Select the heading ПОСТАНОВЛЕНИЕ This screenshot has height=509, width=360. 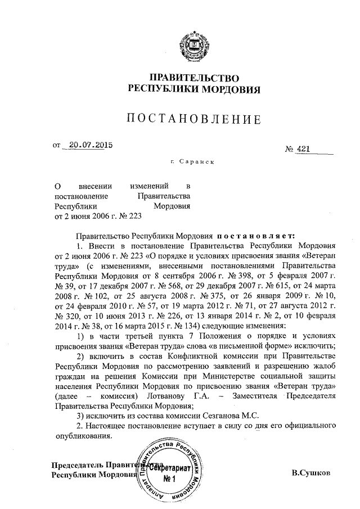click(x=194, y=119)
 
